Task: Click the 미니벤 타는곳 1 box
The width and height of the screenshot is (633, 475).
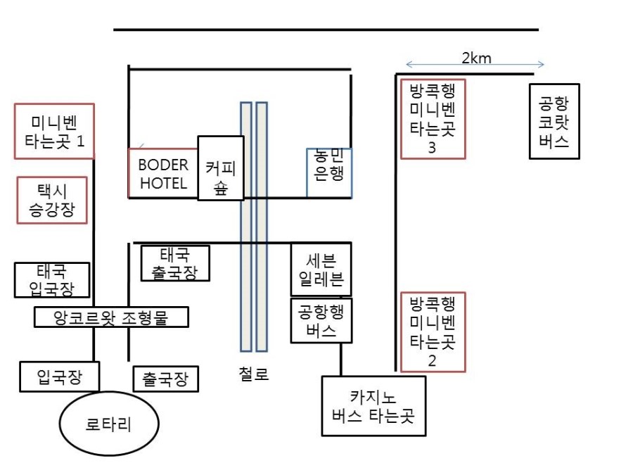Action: pos(54,132)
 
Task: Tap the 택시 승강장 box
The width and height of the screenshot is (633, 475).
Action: pos(52,200)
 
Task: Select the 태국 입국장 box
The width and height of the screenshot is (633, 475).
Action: pos(52,280)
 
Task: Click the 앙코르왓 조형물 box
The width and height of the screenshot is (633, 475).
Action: pos(111,317)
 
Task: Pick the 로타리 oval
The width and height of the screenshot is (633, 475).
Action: pos(109,424)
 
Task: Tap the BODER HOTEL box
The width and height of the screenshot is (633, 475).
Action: pos(163,174)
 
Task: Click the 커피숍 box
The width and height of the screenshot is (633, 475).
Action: pos(221,168)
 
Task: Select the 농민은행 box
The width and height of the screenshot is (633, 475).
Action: pos(329,173)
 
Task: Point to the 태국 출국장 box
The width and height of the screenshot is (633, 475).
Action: pos(175,263)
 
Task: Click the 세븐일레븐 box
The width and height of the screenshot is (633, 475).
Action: pos(321,270)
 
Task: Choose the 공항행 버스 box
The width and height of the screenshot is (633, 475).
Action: pos(321,321)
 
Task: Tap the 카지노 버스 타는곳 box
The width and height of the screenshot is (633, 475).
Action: pos(373,406)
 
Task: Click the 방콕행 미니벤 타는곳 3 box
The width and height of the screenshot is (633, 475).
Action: pos(433,119)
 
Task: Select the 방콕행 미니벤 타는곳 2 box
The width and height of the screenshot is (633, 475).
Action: pos(433,331)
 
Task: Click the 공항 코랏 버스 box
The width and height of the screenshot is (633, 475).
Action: pos(554,121)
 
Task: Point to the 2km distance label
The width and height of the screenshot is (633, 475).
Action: pos(476,58)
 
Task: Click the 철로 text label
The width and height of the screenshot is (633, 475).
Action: pos(253,374)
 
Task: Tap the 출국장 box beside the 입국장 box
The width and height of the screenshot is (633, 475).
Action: pos(165,379)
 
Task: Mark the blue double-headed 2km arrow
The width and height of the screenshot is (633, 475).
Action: pos(475,64)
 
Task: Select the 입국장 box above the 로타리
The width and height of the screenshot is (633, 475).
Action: pos(59,376)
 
